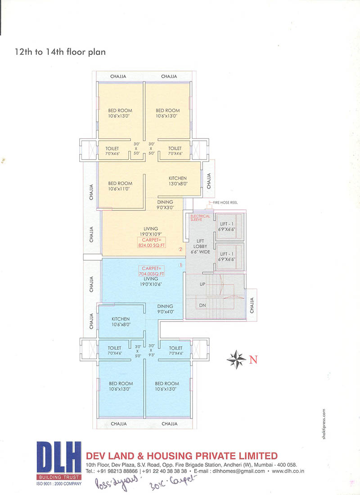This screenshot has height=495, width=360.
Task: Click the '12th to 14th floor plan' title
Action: (x=60, y=52)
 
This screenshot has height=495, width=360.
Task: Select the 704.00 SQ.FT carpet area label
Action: (x=151, y=271)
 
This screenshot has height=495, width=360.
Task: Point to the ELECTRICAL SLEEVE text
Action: (x=200, y=218)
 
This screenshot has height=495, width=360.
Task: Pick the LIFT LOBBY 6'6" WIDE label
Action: (x=200, y=246)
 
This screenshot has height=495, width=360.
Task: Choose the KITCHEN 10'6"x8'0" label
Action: (x=121, y=321)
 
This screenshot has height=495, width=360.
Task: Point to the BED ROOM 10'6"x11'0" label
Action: (x=120, y=186)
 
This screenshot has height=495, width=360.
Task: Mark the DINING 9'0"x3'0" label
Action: (x=165, y=205)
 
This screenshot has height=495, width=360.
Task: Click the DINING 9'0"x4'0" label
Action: (x=165, y=309)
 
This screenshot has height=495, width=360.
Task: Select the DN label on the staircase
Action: (x=202, y=305)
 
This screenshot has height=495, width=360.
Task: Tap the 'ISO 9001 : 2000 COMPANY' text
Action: (x=59, y=483)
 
